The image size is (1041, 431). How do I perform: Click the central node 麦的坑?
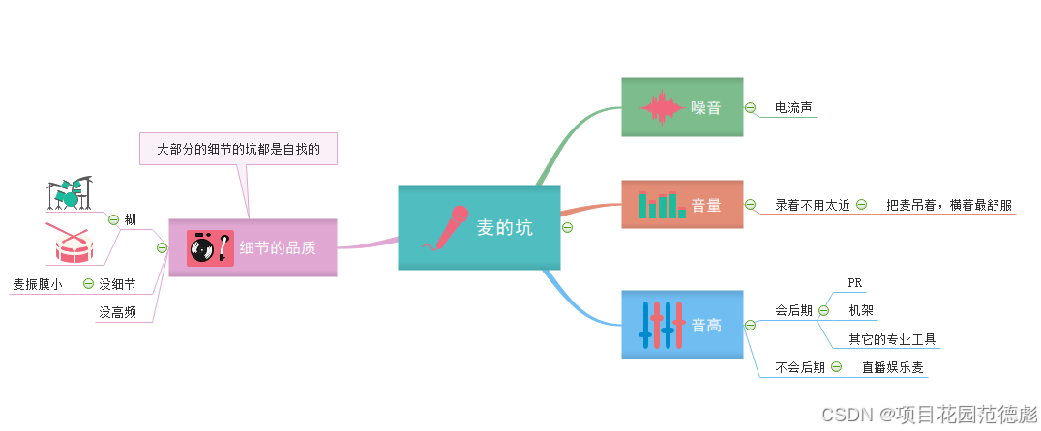pos(503,228)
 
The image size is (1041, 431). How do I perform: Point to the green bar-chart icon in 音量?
pos(662,204)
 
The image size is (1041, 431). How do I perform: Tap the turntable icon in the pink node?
pos(209,248)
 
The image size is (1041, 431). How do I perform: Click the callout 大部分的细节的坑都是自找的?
pos(238,150)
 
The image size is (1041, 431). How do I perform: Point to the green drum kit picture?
pos(70,193)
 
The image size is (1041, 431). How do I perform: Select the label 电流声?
pos(792,107)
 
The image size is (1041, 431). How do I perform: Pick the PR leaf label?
pos(854,282)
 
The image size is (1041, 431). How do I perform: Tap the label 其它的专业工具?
pos(892,338)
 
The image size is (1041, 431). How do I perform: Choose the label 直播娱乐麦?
pos(892,367)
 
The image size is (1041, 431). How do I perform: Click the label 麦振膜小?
pos(37,284)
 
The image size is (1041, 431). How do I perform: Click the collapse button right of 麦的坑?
pos(568,228)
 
